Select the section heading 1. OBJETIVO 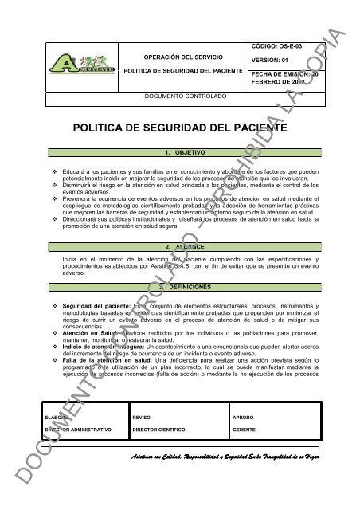pyautogui.click(x=179, y=151)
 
